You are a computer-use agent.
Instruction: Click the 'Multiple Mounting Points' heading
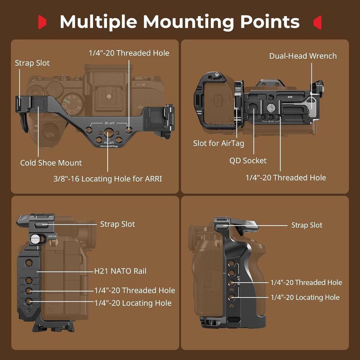pyautogui.click(x=180, y=22)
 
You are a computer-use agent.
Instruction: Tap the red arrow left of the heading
pyautogui.click(x=42, y=22)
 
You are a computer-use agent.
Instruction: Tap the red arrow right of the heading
pyautogui.click(x=317, y=22)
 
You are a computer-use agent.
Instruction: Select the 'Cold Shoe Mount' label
pyautogui.click(x=51, y=163)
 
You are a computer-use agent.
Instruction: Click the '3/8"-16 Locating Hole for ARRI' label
pyautogui.click(x=108, y=179)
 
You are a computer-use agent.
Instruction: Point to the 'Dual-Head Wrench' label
pyautogui.click(x=303, y=56)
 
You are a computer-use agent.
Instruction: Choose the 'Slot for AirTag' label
pyautogui.click(x=219, y=143)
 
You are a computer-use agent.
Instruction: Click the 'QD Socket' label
pyautogui.click(x=248, y=160)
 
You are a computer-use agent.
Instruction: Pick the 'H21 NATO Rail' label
pyautogui.click(x=120, y=271)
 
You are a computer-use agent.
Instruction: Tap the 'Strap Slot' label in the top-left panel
pyautogui.click(x=32, y=63)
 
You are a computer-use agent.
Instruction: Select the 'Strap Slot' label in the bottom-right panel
pyautogui.click(x=307, y=225)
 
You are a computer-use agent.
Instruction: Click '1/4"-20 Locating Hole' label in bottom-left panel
pyautogui.click(x=133, y=303)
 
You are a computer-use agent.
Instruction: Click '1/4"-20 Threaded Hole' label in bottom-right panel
pyautogui.click(x=306, y=282)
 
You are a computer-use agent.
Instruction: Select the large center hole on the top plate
pyautogui.click(x=109, y=133)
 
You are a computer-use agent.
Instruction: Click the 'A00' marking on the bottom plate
pyautogui.click(x=290, y=97)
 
